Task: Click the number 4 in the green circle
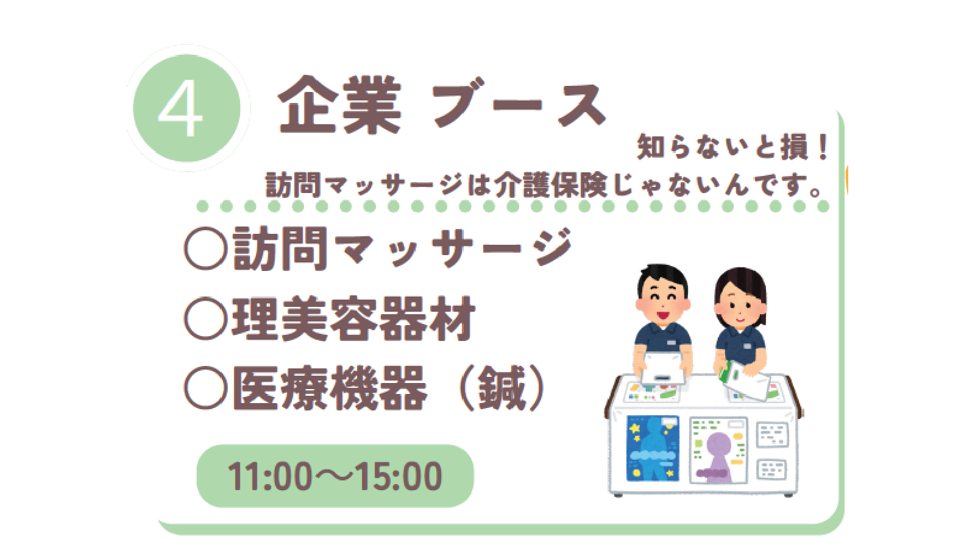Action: (180, 110)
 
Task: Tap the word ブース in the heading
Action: (518, 104)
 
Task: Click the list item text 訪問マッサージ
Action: (403, 248)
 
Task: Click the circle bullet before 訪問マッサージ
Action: (206, 249)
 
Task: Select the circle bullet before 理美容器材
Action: (206, 318)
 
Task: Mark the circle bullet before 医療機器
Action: (206, 388)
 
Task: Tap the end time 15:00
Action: (399, 476)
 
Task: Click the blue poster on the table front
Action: (653, 448)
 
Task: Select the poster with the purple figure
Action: (718, 450)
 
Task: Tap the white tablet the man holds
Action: (662, 368)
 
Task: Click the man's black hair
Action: (662, 278)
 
